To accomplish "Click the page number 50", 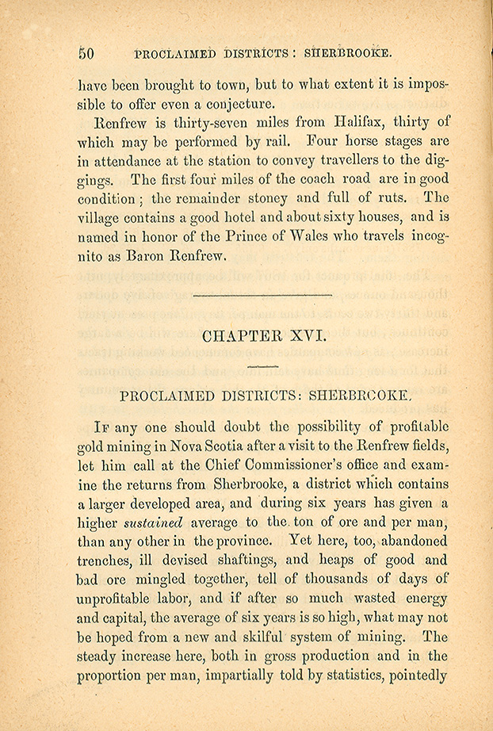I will [86, 54].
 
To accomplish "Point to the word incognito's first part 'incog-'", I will [426, 236].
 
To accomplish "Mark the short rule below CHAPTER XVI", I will [262, 365].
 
